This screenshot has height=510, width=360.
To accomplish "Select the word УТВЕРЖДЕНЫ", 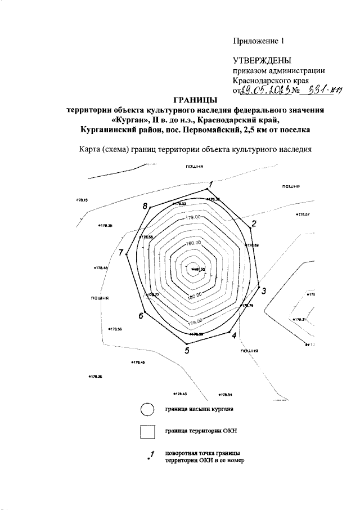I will click(262, 61).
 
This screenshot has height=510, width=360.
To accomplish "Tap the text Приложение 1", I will click(260, 41).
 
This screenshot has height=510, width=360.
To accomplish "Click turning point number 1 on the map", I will click(210, 185).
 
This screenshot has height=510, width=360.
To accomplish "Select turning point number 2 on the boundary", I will click(254, 224).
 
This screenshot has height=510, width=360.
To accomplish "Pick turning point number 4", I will click(233, 335).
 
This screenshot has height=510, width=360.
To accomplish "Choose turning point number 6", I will click(142, 316).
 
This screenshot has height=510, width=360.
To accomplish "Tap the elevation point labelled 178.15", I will click(83, 200).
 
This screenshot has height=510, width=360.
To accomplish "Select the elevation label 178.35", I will click(105, 226).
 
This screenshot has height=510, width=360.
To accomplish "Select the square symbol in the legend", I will click(147, 432).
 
